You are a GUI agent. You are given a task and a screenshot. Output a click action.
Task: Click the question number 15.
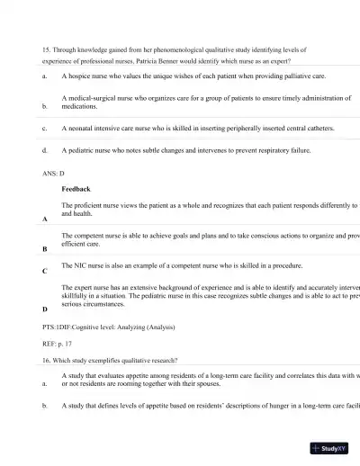(46, 49)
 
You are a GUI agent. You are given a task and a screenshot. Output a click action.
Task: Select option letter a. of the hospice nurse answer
(44, 77)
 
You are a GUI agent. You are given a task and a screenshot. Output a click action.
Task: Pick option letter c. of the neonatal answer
(44, 129)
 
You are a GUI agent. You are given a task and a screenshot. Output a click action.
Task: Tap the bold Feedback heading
(76, 190)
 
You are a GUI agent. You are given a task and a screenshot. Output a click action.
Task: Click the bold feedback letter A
(45, 220)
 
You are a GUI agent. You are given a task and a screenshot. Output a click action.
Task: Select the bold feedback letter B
(45, 248)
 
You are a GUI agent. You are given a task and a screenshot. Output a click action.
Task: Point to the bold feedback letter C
(45, 270)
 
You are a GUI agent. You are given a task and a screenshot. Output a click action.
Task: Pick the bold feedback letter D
(45, 309)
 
